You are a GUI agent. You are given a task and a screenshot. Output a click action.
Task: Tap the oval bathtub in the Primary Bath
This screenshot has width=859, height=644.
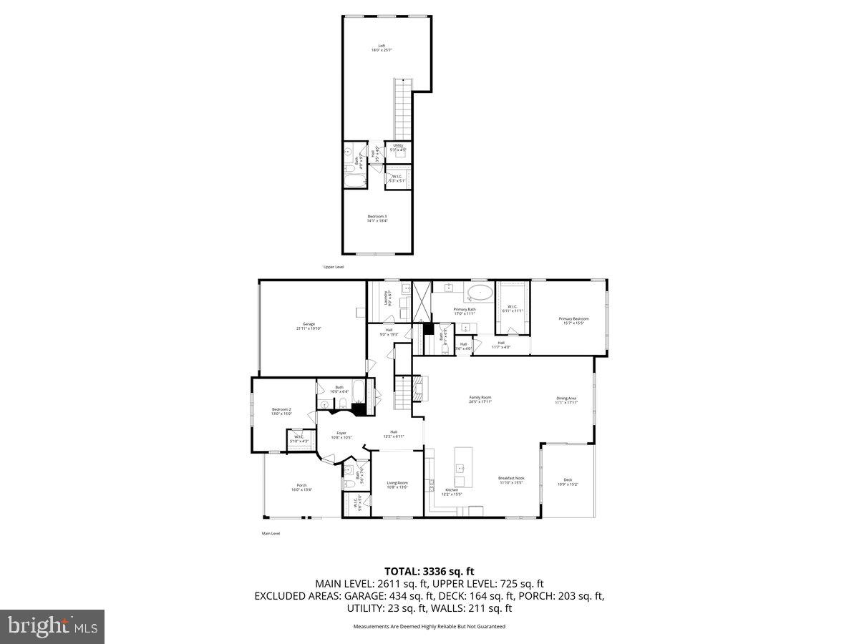[480, 293]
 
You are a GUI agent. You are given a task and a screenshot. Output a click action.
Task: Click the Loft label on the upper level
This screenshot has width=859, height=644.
[382, 46]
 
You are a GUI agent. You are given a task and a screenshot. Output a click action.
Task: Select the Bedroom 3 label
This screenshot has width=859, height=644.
[377, 216]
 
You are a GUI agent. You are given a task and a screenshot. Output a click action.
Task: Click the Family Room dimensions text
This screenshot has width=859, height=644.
[480, 402]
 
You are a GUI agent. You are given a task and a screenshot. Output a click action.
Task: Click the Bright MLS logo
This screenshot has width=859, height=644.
[52, 626]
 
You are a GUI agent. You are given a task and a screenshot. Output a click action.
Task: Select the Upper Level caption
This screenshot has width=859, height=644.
[334, 267]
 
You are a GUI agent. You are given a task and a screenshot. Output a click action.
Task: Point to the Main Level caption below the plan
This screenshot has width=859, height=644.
[271, 533]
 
